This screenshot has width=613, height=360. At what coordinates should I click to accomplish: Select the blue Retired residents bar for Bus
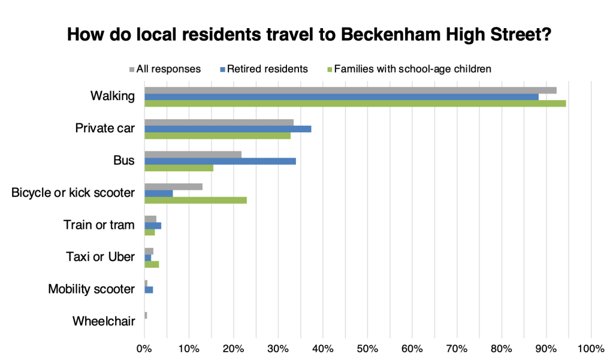pos(220,161)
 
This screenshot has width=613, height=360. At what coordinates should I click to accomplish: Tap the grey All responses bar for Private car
pos(219,122)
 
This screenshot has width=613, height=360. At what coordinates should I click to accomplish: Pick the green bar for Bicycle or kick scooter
pos(195,200)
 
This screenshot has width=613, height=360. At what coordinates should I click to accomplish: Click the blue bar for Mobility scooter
pos(149,289)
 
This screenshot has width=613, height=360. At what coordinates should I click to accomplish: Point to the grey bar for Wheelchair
pos(146,315)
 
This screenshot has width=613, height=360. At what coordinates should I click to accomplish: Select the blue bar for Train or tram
pos(153,225)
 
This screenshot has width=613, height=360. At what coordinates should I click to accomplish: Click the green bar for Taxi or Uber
pos(152,264)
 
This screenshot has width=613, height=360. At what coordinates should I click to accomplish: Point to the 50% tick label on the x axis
pos(367,348)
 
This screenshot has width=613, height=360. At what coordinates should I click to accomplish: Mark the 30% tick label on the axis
pos(278,348)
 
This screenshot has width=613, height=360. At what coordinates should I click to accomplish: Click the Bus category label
pos(123,161)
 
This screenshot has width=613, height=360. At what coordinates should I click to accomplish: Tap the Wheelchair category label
pos(104,321)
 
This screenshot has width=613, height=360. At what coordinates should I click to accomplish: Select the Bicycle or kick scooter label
pos(73,193)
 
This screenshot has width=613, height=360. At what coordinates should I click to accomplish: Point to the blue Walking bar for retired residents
pos(342,96)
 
